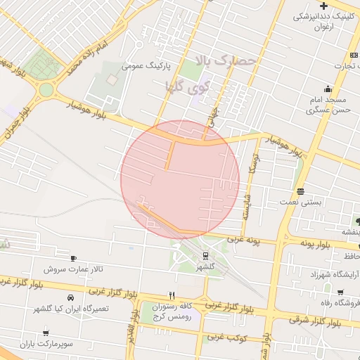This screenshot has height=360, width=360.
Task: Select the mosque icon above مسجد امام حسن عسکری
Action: tap(327, 89)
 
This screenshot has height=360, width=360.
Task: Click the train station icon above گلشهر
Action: tap(205, 256)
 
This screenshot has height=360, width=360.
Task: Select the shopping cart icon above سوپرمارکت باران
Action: tap(46, 333)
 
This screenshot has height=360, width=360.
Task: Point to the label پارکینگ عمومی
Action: tap(142, 67)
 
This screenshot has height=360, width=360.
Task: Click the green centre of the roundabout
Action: tap(46, 90)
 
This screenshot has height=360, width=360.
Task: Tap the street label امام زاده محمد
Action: tap(89, 59)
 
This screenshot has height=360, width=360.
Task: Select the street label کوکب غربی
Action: tap(226, 338)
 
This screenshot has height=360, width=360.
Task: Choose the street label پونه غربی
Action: tap(244, 240)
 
